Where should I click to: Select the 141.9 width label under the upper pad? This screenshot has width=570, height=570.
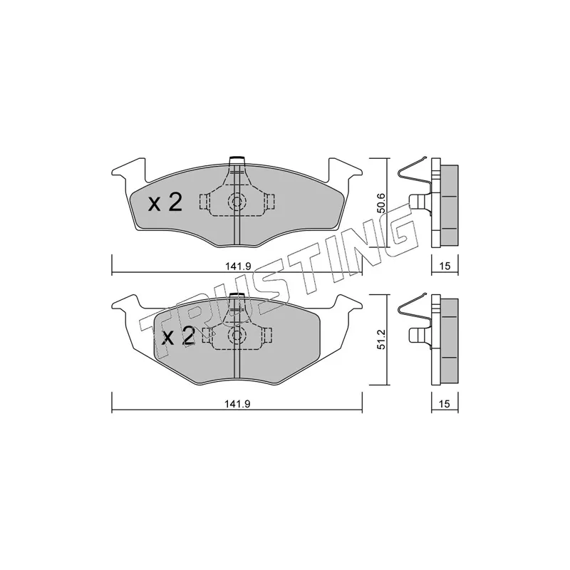point(238,266)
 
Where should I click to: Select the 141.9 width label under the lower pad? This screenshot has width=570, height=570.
point(238,404)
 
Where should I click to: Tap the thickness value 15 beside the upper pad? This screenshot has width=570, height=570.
point(445,266)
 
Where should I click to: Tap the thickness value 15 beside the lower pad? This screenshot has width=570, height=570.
point(445,404)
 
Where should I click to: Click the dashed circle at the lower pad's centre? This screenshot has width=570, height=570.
point(237,335)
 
